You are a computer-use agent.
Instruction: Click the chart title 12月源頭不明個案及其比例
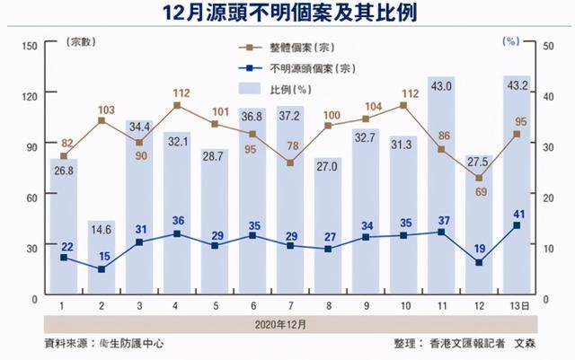(287, 14)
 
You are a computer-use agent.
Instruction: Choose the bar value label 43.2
(517, 86)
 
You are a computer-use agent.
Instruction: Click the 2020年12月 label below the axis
(287, 321)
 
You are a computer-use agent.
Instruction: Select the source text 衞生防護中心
(135, 343)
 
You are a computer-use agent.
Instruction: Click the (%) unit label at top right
(512, 41)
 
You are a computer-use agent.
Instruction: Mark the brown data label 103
(107, 110)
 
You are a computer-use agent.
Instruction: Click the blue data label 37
(440, 221)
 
